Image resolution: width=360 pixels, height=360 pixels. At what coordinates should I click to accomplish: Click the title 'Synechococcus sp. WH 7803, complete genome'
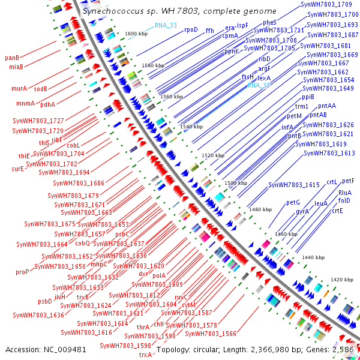pyautogui.click(x=180, y=11)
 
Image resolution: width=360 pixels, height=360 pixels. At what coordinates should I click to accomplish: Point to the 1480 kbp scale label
pyautogui.click(x=260, y=209)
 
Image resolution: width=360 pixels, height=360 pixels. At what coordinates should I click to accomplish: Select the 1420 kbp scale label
pyautogui.click(x=342, y=280)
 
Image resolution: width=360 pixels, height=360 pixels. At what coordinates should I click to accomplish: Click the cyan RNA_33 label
pyautogui.click(x=166, y=25)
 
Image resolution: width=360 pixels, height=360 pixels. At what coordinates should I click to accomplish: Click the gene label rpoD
pyautogui.click(x=191, y=29)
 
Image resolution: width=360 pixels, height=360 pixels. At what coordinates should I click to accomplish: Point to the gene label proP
pyautogui.click(x=22, y=272)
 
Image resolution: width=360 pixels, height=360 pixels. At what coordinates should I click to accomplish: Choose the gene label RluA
pyautogui.click(x=345, y=193)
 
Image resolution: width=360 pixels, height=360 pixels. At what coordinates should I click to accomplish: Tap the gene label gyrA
pyautogui.click(x=302, y=212)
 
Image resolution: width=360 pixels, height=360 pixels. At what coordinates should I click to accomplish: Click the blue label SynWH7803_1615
pyautogui.click(x=294, y=185)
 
